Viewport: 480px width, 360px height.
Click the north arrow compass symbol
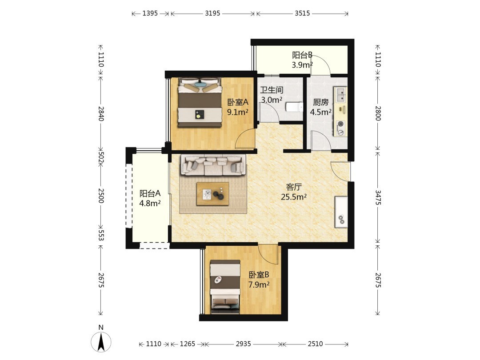(101, 342)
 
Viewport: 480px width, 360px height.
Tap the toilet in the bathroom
(294, 107)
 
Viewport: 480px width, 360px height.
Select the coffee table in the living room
(213, 194)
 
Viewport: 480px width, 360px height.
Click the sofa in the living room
(214, 165)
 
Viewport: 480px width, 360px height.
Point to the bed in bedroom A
(200, 102)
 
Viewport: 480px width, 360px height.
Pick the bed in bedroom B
(225, 287)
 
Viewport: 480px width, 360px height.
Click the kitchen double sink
(340, 95)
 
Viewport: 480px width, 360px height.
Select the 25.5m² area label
(294, 197)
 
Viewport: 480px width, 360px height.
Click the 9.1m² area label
(237, 112)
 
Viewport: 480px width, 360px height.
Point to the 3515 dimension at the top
(303, 13)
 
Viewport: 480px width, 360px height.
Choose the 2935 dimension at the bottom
(244, 344)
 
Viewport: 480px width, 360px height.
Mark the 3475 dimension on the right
(378, 197)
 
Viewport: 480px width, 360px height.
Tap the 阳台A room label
(150, 193)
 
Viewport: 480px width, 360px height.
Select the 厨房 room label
(320, 102)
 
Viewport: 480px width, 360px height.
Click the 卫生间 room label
(272, 90)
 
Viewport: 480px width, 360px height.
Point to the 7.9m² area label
(259, 285)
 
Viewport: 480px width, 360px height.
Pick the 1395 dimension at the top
(150, 13)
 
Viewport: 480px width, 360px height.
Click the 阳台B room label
(302, 55)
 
